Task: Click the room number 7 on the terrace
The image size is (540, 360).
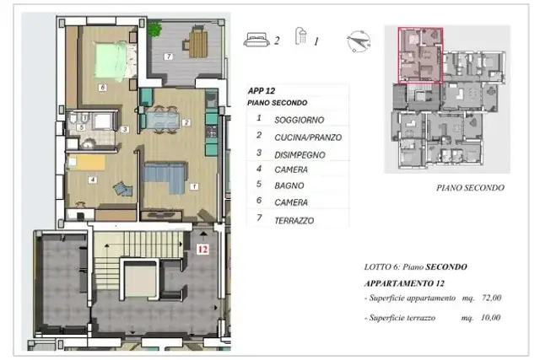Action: (169, 56)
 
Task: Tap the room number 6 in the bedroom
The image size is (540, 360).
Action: (102, 88)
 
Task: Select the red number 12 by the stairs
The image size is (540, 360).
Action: (202, 250)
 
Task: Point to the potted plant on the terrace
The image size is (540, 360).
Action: (154, 29)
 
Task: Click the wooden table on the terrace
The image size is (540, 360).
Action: (198, 44)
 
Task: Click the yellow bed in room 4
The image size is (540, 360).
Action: (87, 162)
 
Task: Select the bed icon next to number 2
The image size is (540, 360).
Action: (256, 40)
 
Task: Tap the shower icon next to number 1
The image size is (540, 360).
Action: (301, 36)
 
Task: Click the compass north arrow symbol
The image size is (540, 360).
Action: (359, 41)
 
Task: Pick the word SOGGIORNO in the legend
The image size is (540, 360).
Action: (300, 120)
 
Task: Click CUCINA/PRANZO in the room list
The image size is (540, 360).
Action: (308, 137)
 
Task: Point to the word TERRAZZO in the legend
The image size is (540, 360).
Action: (294, 221)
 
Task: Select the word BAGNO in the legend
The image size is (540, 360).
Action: (289, 185)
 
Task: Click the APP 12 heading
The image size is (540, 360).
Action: (262, 91)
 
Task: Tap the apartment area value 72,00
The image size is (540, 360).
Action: (491, 298)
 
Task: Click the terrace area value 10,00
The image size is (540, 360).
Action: (490, 317)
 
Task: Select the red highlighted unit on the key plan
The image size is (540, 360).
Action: (420, 56)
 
